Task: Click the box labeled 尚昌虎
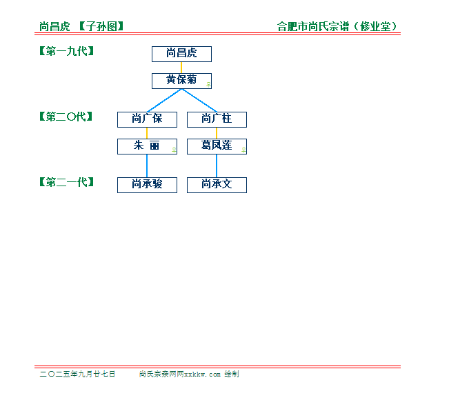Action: click(181, 54)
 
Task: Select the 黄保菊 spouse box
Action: click(181, 81)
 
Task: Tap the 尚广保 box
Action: click(147, 120)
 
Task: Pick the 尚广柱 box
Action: click(217, 120)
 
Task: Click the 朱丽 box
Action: click(147, 147)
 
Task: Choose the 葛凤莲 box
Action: click(217, 147)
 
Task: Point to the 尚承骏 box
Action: click(147, 186)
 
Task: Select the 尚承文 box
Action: click(217, 186)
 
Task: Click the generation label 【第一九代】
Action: click(67, 51)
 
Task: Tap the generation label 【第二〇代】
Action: click(66, 117)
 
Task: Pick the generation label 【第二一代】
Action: click(67, 182)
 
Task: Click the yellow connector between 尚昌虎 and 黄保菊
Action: click(181, 68)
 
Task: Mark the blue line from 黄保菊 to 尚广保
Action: click(165, 101)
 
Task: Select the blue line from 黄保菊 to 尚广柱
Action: click(199, 101)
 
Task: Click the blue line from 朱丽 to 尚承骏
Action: click(147, 166)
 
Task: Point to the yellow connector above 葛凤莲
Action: click(217, 133)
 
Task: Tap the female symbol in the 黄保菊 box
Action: click(209, 85)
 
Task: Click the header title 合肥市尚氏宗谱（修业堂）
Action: click(337, 27)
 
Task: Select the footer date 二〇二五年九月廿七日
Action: click(77, 374)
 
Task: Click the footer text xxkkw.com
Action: click(202, 374)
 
